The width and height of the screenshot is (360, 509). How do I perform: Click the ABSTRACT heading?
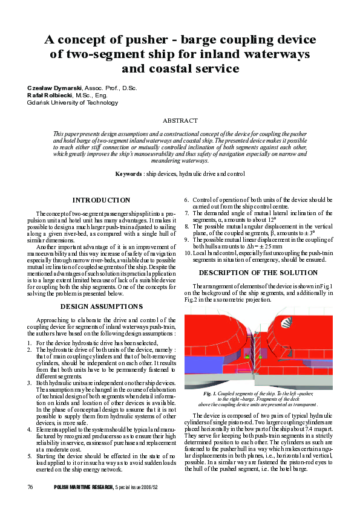pos(180,121)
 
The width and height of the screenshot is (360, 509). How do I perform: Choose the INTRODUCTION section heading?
pos(101,200)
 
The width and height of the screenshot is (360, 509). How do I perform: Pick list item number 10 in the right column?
pos(188,253)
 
